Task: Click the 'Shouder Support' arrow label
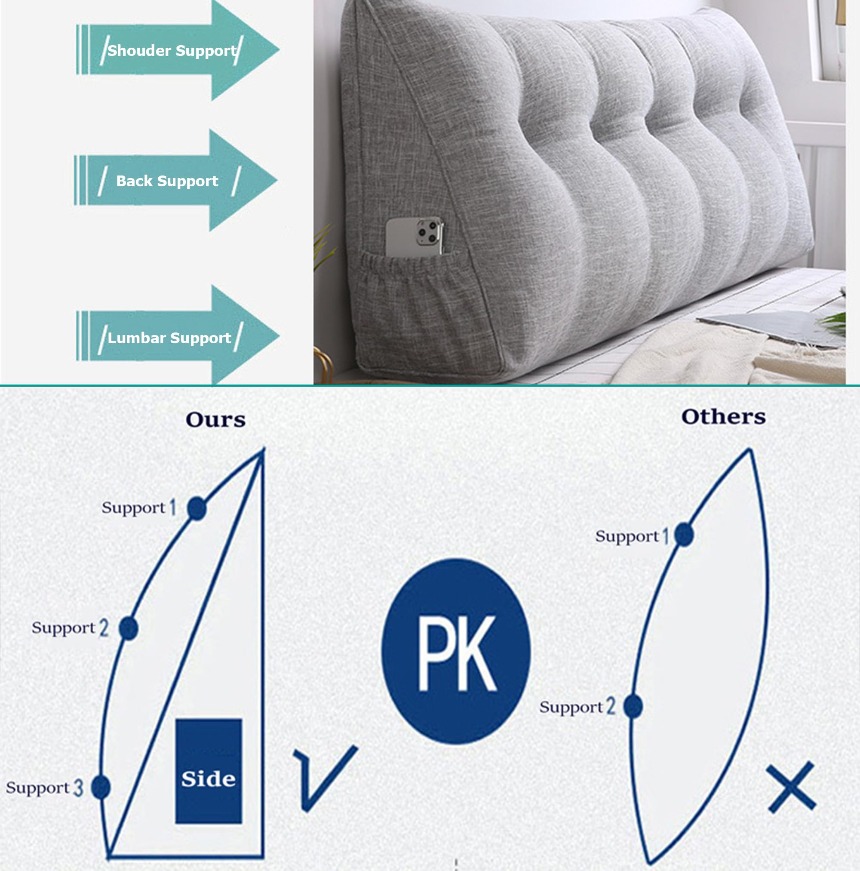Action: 172,50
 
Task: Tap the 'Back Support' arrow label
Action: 167,181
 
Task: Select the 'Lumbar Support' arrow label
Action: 169,338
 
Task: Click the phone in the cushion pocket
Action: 415,236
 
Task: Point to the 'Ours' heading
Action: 216,419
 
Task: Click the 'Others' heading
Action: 723,416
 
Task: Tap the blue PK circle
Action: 456,650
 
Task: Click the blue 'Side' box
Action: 209,771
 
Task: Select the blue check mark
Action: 325,778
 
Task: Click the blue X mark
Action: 792,787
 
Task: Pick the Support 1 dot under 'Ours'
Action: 197,508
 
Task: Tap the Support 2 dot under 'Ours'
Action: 129,628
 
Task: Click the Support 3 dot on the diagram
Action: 101,787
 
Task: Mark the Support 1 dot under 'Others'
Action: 684,535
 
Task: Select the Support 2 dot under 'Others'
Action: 633,706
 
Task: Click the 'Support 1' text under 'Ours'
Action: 139,508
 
